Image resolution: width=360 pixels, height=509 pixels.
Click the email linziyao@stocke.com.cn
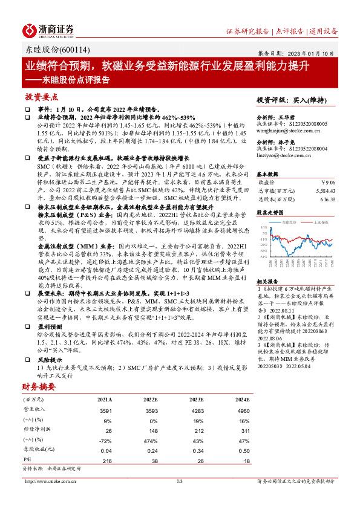[x=281, y=155]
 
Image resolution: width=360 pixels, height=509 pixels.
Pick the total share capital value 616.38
[x=327, y=199]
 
